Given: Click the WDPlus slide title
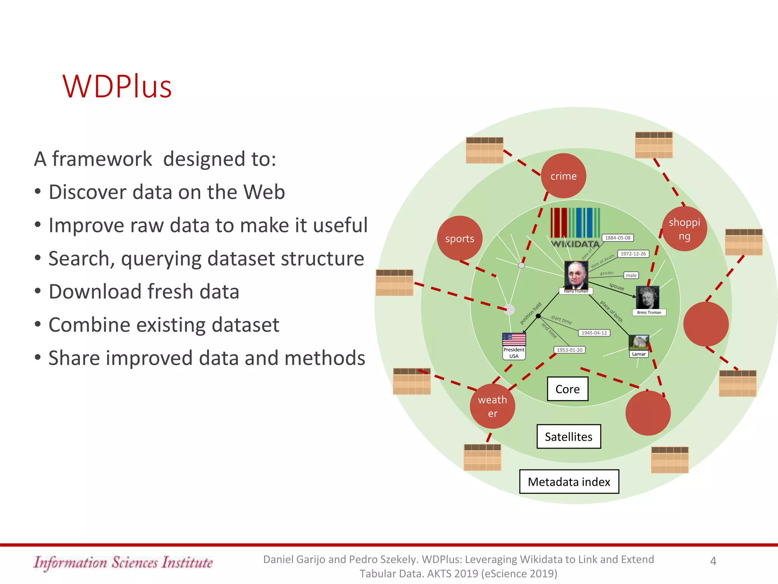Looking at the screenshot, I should point(117,87).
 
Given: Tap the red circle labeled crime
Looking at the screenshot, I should point(563,176).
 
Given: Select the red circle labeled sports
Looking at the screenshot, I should point(460,238).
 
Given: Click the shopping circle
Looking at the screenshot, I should point(685,229).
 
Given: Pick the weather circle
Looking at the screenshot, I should point(492,406).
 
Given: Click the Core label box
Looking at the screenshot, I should point(568,389).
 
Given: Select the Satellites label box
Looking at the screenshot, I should point(569,436).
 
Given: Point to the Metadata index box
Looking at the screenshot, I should point(569,482).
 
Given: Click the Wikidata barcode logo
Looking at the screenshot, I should point(575,227).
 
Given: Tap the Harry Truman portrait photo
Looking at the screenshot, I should point(576,275).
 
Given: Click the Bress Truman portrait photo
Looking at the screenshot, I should point(647,297).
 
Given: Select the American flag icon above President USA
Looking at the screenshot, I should point(514,339).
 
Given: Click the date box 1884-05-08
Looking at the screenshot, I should point(618,238).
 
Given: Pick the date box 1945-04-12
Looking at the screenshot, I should point(594,333).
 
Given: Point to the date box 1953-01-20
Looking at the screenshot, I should point(569,350).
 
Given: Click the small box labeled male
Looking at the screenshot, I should point(631,275).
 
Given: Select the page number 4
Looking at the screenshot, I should point(713,561).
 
